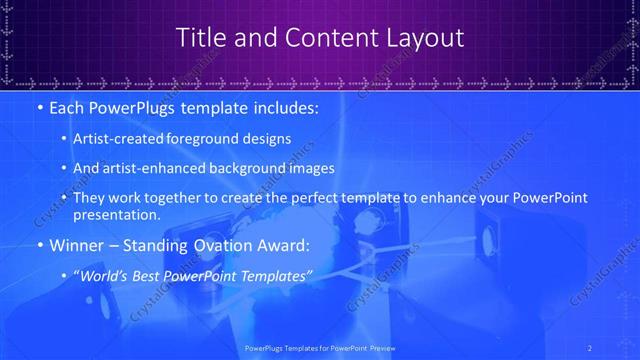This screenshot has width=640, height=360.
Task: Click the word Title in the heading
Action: click(x=200, y=38)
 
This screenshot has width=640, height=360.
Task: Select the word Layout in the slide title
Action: click(x=425, y=38)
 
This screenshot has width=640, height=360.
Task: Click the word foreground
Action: click(x=210, y=140)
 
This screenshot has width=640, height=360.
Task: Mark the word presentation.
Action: click(x=116, y=214)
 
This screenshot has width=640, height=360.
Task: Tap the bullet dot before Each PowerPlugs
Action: click(x=38, y=107)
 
